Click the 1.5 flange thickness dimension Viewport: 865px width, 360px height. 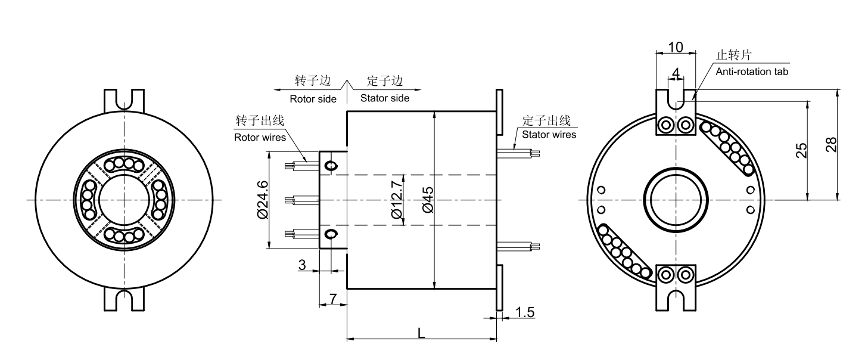[x=524, y=313]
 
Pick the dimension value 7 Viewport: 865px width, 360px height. [x=332, y=297]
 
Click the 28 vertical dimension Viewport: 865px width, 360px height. [x=832, y=145]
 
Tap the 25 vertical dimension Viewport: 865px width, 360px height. [x=802, y=150]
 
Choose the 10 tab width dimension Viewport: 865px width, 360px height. [x=676, y=46]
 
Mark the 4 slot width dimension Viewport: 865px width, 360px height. [x=676, y=72]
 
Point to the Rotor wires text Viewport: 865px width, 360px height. [x=260, y=136]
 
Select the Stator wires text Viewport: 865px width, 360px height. [x=549, y=134]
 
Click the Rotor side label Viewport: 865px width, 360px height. [x=313, y=98]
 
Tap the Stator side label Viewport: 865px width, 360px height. [x=384, y=98]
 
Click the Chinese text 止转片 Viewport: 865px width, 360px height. [x=733, y=55]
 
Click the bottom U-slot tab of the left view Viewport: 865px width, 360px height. [x=125, y=300]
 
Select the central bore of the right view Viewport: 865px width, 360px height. [x=676, y=198]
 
